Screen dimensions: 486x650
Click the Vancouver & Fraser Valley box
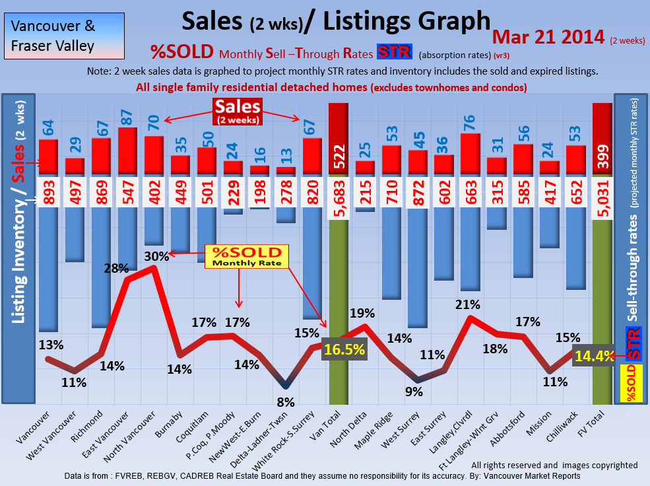coord(53,36)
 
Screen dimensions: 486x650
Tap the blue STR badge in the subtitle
coord(394,52)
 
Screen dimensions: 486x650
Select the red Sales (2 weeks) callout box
coord(237,111)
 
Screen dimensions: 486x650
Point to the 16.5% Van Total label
coord(343,349)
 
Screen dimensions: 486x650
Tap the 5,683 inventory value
coord(339,197)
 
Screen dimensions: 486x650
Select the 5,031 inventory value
coord(602,197)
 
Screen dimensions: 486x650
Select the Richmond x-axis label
coord(93,429)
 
